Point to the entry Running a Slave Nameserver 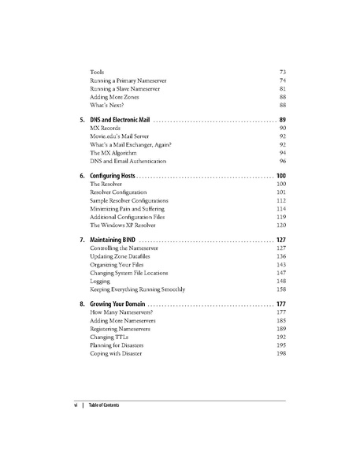(x=125, y=89)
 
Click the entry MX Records (x=106, y=128)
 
